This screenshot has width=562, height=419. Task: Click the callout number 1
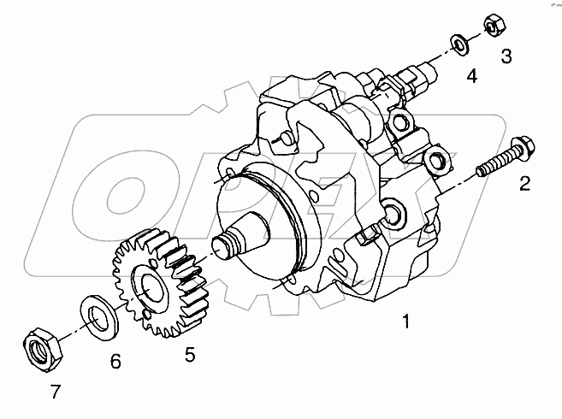[406, 322]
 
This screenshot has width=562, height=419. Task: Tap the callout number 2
[524, 184]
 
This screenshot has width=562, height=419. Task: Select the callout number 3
[506, 56]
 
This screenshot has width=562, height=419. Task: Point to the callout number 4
[472, 76]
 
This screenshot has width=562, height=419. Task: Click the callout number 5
[190, 355]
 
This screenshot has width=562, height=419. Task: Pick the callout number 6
[115, 362]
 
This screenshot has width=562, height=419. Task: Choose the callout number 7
[56, 392]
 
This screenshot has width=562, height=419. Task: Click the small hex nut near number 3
[494, 26]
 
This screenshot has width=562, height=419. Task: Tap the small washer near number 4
[458, 44]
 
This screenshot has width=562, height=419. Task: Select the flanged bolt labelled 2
[506, 156]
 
